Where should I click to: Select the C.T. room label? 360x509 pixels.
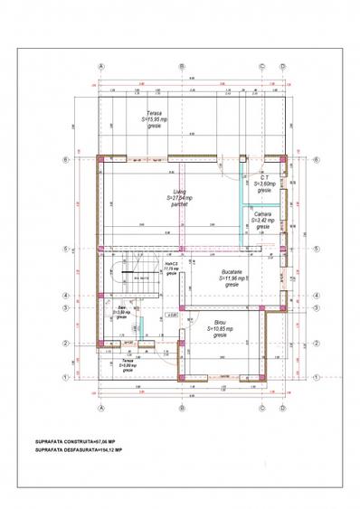click(264, 183)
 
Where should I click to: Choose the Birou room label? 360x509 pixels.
click(220, 328)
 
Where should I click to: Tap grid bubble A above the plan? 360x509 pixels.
click(101, 66)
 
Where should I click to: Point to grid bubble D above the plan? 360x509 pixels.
click(282, 66)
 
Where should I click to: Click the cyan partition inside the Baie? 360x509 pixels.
click(141, 327)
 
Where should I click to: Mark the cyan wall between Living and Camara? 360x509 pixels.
click(241, 208)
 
